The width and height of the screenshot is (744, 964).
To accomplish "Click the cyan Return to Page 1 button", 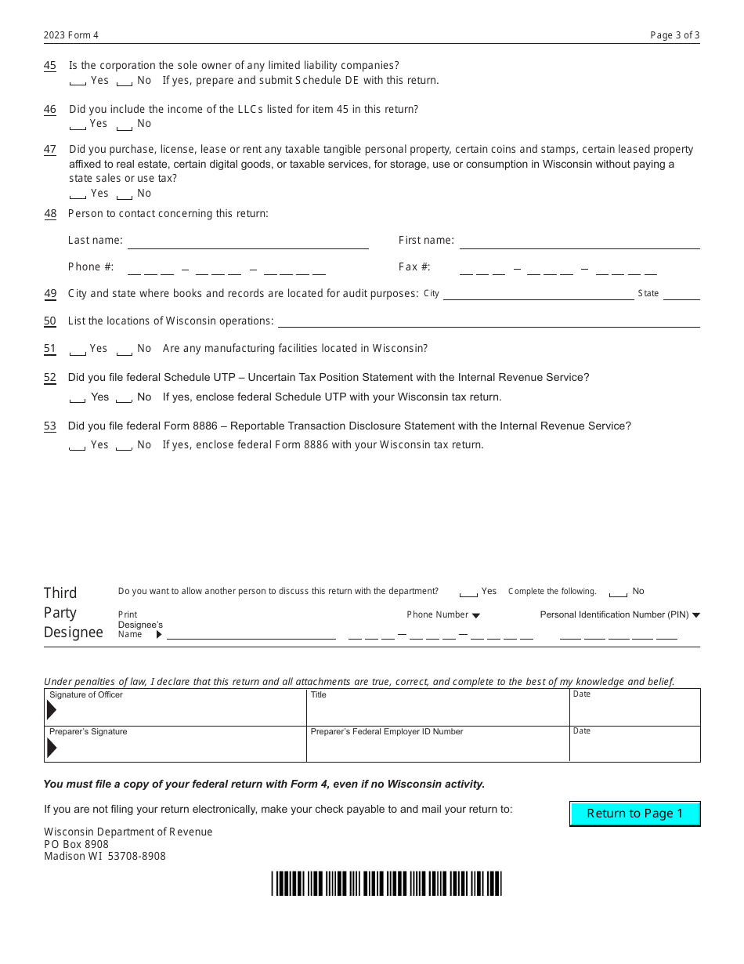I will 634,814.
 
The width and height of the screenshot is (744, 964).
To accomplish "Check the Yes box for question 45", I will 78,82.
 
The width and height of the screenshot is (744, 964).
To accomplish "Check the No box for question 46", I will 124,125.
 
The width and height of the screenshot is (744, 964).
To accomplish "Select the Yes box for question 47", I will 78,194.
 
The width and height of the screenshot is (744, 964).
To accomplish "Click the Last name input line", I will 247,242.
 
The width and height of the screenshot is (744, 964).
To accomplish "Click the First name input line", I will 579,242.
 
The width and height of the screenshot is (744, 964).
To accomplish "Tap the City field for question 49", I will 538,295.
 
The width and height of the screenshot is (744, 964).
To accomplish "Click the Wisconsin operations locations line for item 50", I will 489,321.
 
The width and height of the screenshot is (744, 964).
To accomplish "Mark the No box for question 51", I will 124,350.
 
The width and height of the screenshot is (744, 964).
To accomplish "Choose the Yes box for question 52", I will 78,398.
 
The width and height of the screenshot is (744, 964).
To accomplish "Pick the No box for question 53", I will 124,446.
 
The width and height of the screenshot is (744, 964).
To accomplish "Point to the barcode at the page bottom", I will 386,883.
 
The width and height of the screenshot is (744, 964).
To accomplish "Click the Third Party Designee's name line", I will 251,635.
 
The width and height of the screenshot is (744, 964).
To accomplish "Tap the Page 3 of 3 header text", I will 674,35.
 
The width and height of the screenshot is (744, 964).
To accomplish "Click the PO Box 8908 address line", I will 77,844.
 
